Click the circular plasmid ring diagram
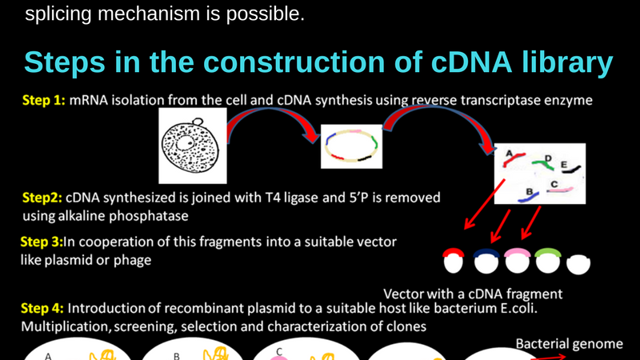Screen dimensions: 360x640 tap(351, 146)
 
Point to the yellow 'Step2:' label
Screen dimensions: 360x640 tap(41, 197)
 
